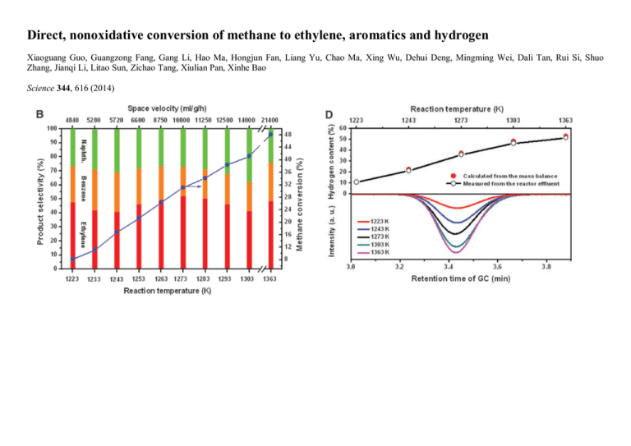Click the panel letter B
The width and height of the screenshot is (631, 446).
39,113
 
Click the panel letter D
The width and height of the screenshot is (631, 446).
330,113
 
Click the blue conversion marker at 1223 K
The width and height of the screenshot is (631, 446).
74,259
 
